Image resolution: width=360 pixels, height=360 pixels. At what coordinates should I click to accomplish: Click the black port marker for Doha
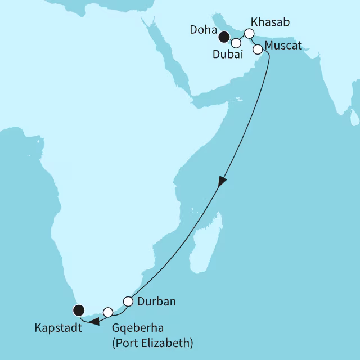point(224,38)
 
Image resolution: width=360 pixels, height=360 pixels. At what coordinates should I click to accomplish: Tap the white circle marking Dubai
point(236,43)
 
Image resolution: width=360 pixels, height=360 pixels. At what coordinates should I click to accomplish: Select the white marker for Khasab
point(249,33)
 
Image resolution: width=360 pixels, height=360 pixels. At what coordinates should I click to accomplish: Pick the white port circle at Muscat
point(258,49)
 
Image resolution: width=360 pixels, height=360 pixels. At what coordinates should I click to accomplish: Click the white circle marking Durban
point(128,301)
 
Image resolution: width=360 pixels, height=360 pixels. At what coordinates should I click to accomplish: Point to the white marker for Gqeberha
point(108,311)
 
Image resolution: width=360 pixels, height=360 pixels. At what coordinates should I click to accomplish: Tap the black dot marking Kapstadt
point(79,309)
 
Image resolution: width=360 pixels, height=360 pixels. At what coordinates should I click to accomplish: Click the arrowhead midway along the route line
point(222,182)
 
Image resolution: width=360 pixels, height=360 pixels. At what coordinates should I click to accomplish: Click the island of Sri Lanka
point(354,118)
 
